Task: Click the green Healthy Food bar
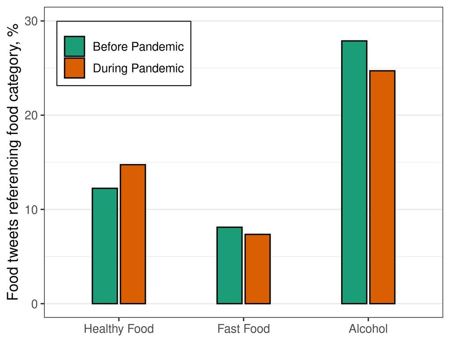click(105, 246)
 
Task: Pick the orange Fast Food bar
click(258, 269)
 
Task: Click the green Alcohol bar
click(354, 172)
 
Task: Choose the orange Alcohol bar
click(382, 187)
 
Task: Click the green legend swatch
click(74, 47)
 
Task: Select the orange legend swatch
click(74, 68)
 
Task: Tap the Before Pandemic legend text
click(138, 47)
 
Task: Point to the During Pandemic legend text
click(138, 69)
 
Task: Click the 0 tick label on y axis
click(35, 304)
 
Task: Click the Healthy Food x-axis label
click(119, 329)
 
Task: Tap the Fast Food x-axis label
click(243, 329)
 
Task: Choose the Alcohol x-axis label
click(368, 329)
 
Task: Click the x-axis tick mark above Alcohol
click(368, 319)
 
